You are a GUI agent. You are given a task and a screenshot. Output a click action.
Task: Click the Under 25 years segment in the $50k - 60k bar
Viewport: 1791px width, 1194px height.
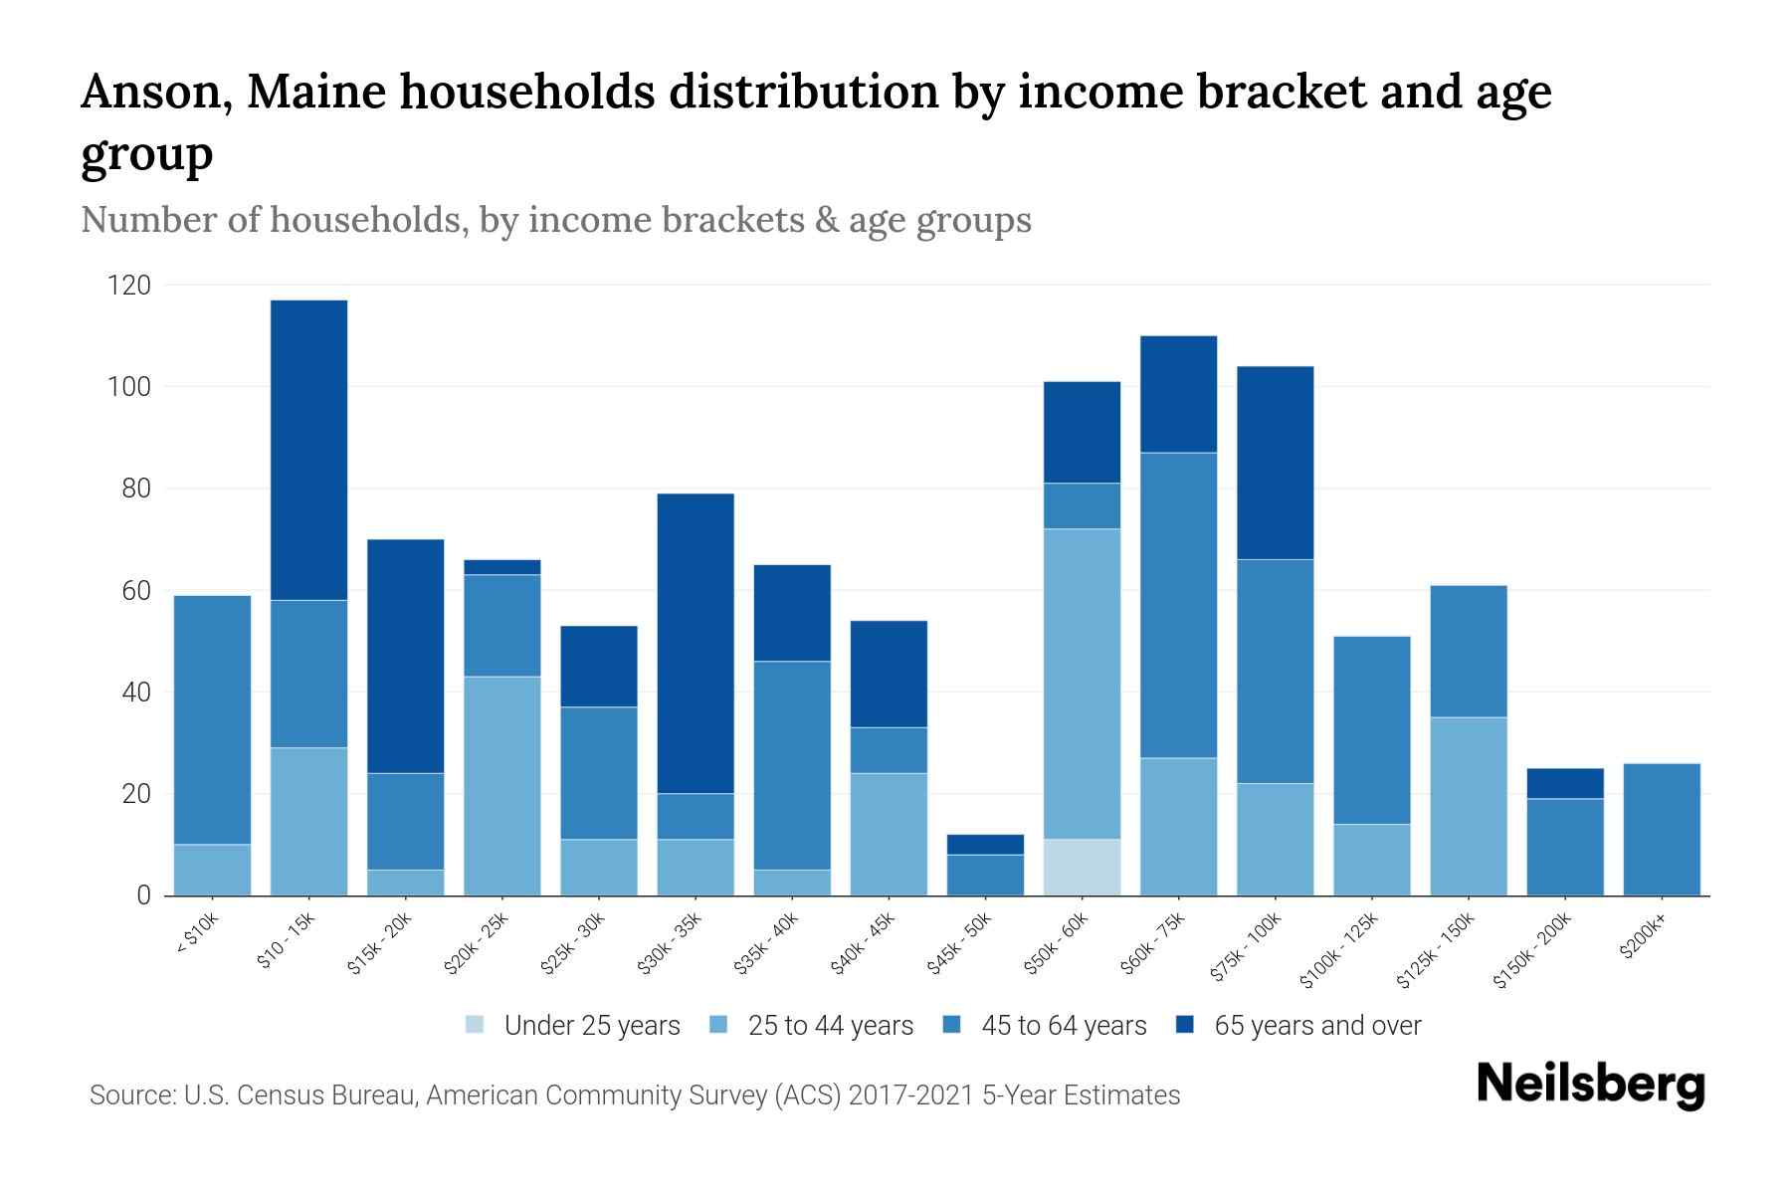coord(1082,867)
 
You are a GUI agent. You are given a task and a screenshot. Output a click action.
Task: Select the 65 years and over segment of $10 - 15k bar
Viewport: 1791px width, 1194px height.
coord(308,450)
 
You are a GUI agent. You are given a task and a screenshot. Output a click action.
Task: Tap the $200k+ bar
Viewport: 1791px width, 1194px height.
coord(1661,829)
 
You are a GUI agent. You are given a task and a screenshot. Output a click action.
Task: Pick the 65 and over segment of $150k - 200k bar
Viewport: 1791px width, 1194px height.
coord(1564,783)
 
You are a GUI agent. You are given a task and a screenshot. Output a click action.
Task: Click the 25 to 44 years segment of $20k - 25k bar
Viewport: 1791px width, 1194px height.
coord(501,786)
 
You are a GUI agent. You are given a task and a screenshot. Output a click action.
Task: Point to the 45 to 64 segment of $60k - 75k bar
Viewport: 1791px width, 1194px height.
coord(1178,605)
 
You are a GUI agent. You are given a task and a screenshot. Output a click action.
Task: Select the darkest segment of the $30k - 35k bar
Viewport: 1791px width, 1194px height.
coord(696,643)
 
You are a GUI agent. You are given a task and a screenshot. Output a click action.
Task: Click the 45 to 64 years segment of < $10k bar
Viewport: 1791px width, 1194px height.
coord(212,719)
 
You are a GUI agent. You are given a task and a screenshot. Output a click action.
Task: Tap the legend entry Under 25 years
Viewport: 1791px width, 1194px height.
coord(591,1026)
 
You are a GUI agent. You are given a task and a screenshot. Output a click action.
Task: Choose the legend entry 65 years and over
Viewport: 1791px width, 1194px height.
coord(1316,1026)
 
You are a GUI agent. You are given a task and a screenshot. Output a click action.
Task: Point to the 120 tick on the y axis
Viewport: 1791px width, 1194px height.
coord(129,286)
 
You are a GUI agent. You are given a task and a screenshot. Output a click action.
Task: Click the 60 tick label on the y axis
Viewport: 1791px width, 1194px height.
coord(135,591)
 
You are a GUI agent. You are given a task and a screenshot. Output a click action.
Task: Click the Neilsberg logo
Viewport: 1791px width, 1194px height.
coord(1589,1085)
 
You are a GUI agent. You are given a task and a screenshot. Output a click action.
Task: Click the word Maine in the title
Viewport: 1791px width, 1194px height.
coord(317,93)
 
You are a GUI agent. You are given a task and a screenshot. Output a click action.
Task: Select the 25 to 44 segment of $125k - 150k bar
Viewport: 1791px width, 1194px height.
coord(1468,806)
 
